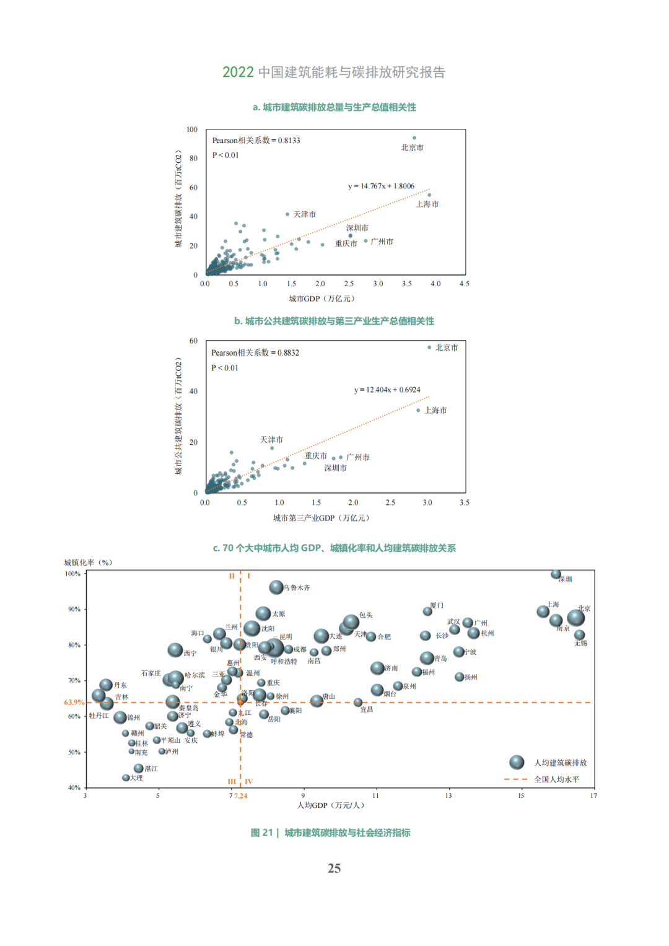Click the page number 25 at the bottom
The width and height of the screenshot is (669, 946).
334,869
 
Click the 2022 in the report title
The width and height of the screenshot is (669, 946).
238,72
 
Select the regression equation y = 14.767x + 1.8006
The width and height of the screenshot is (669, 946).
381,186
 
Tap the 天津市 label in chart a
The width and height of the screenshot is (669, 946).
304,214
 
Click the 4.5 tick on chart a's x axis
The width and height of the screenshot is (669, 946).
464,284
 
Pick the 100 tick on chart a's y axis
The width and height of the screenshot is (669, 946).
192,129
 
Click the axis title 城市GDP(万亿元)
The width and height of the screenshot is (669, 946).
321,299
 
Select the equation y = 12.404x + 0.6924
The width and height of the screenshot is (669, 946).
387,390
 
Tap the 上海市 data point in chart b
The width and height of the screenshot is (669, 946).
418,410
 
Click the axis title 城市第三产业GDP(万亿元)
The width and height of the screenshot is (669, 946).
321,518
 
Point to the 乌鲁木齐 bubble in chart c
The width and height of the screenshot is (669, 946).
276,587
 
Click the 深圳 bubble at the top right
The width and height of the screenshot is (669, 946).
556,575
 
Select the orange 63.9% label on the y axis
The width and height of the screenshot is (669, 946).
74,703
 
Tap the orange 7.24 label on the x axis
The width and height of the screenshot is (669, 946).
240,796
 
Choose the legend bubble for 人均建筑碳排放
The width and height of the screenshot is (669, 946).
517,762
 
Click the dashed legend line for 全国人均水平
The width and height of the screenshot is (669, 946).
515,779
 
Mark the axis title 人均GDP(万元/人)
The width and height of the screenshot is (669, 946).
330,805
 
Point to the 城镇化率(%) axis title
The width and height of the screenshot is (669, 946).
88,563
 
